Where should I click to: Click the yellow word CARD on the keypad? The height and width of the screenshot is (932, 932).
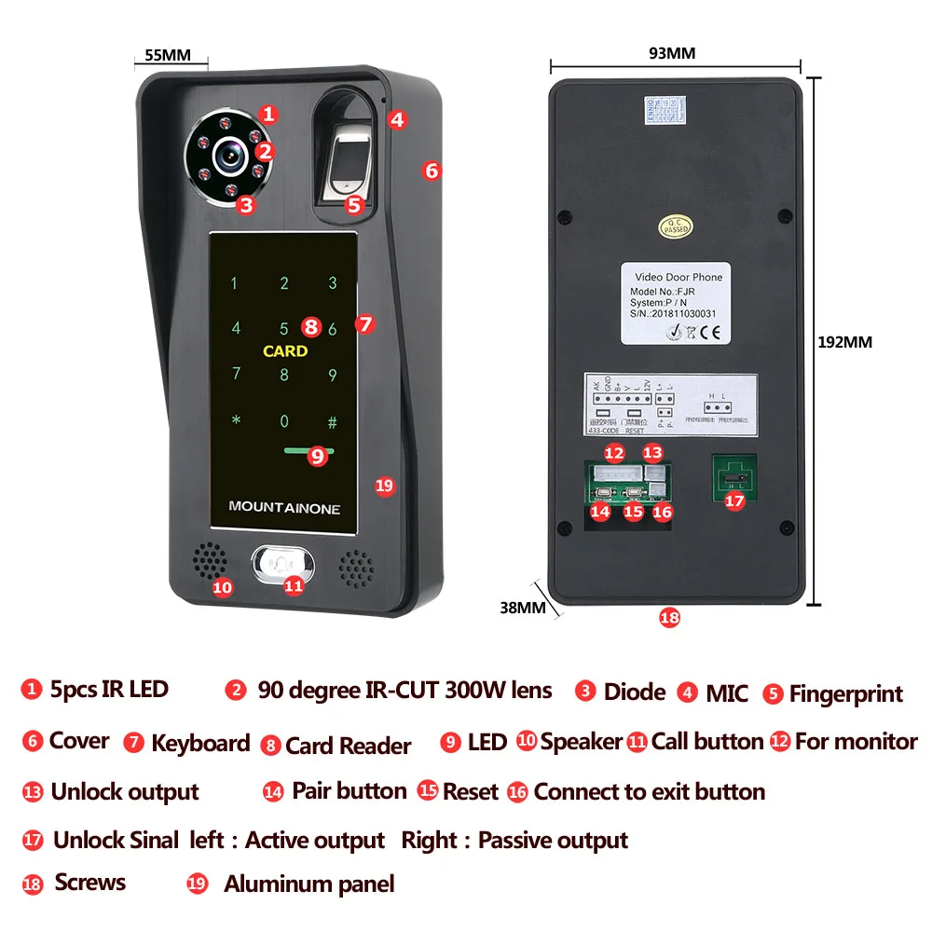click(284, 351)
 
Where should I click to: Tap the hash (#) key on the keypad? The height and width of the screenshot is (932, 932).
click(332, 420)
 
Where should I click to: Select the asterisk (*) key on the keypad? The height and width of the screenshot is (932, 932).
click(236, 420)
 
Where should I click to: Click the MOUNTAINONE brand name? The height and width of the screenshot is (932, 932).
click(284, 508)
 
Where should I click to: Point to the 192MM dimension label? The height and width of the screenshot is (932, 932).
click(844, 342)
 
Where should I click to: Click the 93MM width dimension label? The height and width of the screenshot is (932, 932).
click(672, 53)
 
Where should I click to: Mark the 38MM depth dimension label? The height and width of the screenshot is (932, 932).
click(522, 607)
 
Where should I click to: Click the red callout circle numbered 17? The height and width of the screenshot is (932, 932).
click(735, 500)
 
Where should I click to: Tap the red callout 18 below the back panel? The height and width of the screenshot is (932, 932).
click(669, 618)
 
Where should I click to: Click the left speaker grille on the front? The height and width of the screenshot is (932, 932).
click(209, 559)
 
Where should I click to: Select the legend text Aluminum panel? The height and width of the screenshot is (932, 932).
click(308, 884)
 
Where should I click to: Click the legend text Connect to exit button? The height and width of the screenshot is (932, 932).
click(649, 792)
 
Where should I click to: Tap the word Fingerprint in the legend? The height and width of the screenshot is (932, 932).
click(845, 694)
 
